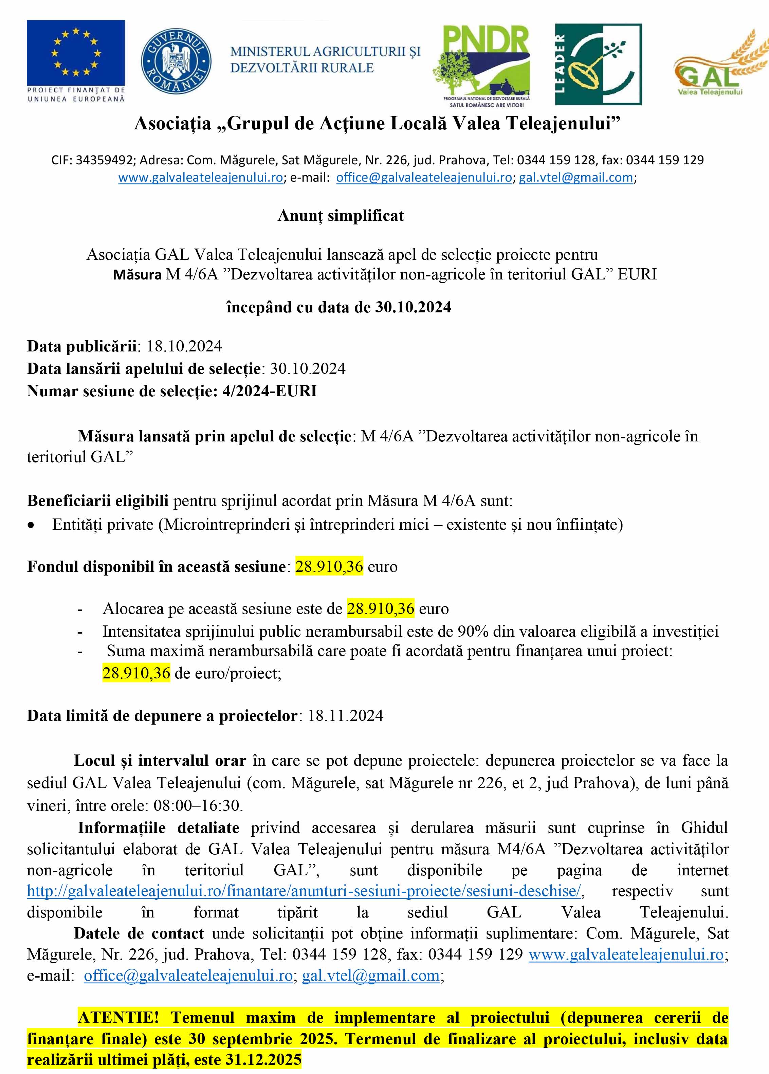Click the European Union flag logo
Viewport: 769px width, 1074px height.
[x=76, y=52]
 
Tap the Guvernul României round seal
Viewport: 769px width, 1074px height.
[x=176, y=61]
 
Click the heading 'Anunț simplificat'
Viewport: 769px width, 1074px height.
[x=341, y=216]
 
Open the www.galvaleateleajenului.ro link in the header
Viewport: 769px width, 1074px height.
[x=200, y=178]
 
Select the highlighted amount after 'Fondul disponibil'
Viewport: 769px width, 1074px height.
[x=329, y=566]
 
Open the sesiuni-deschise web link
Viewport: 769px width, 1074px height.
[x=304, y=891]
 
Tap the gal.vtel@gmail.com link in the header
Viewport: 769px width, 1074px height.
[x=576, y=178]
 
